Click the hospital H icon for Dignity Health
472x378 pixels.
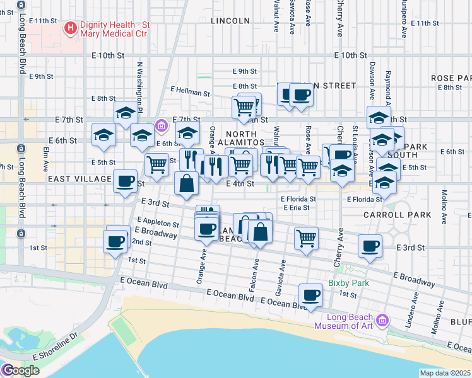(70, 28)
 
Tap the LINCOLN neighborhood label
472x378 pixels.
(230, 21)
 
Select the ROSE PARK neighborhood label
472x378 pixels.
(451, 77)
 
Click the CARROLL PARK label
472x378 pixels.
(397, 215)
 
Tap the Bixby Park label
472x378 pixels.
(348, 283)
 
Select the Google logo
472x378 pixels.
(20, 370)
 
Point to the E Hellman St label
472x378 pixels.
(190, 93)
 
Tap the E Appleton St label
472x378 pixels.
(158, 222)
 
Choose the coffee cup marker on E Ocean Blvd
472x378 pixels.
(309, 295)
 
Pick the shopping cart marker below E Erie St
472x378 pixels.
(306, 238)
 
